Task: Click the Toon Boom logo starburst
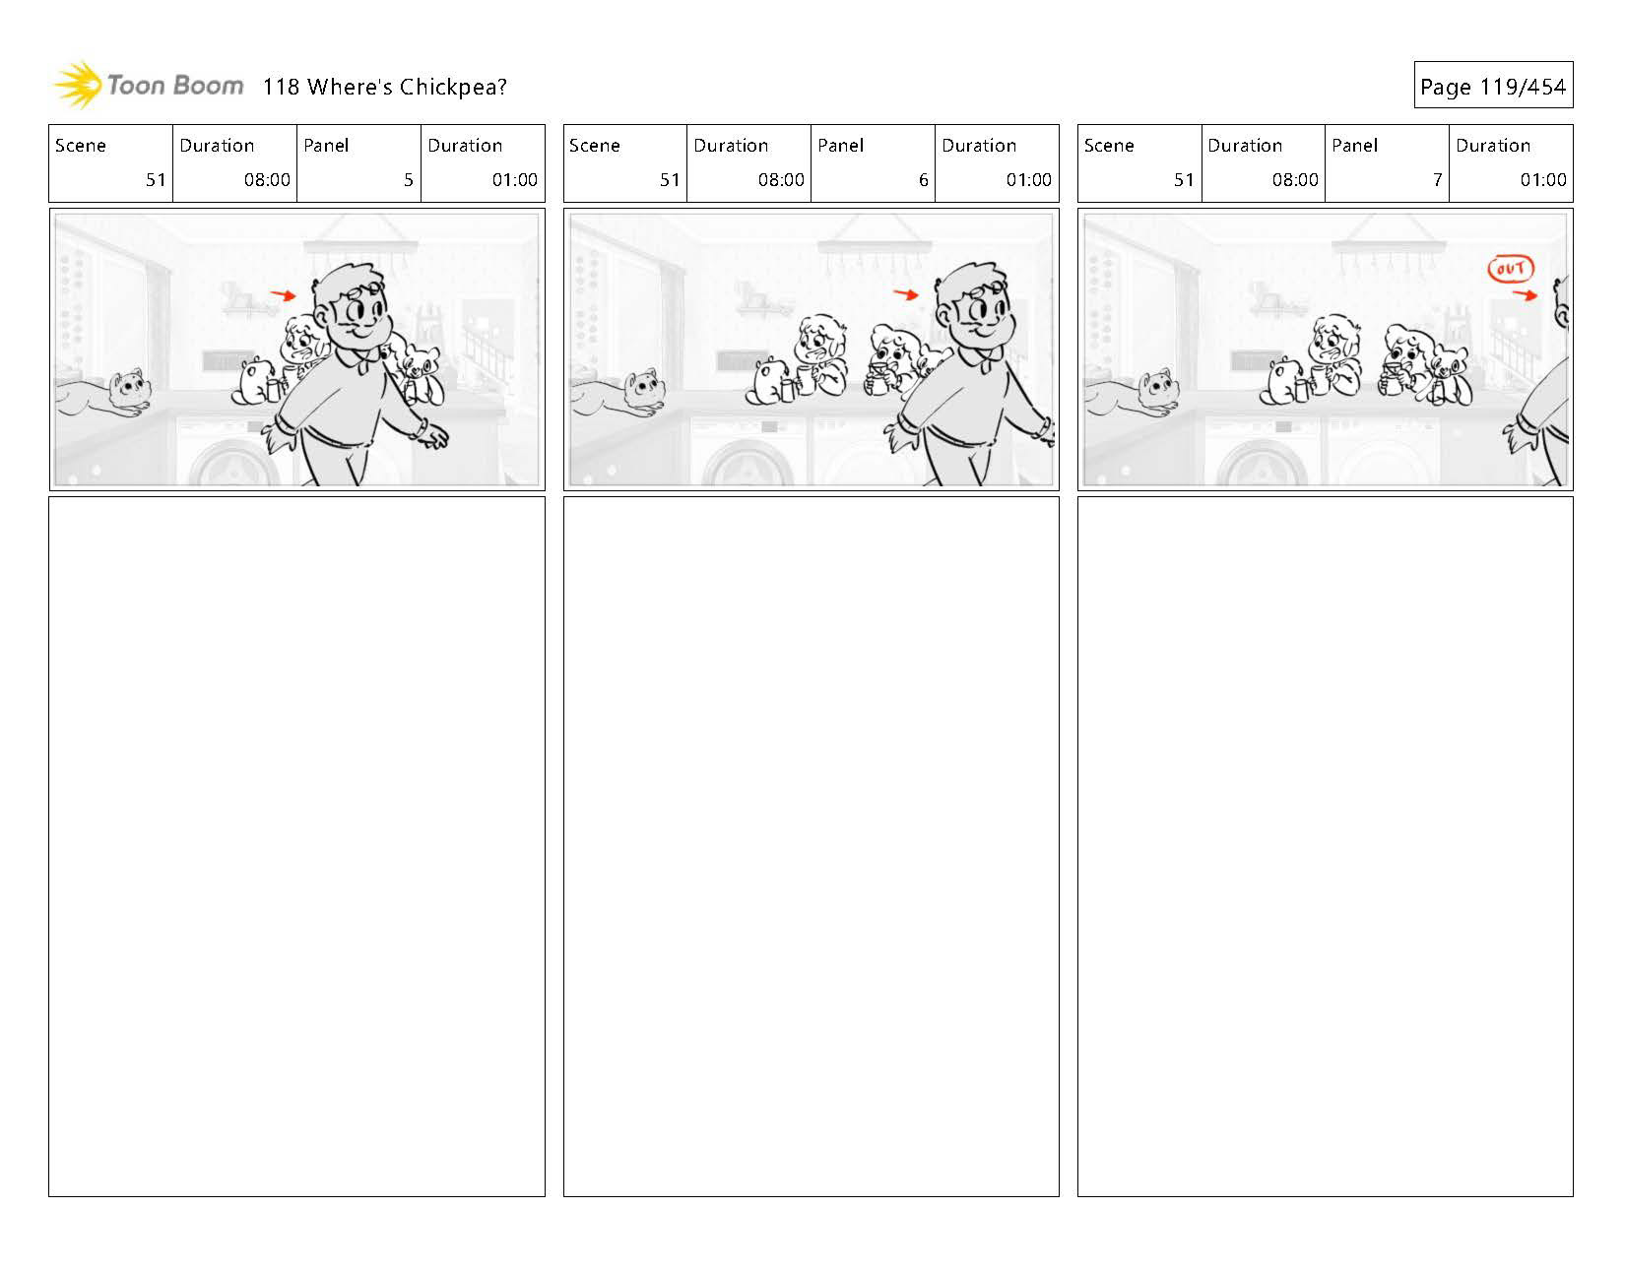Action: [x=78, y=86]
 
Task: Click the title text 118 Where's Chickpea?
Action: [x=384, y=87]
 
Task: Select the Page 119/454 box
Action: [x=1493, y=85]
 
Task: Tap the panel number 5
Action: [x=409, y=179]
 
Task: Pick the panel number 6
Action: [x=923, y=179]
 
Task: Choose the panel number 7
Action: [x=1437, y=179]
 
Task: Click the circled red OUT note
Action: [x=1511, y=269]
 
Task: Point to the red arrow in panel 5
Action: [x=284, y=295]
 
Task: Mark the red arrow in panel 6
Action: [x=906, y=294]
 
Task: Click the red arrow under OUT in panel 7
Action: [x=1525, y=295]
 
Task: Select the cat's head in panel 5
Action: [x=130, y=387]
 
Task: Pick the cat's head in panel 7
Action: [x=1158, y=387]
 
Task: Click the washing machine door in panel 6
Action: [x=747, y=465]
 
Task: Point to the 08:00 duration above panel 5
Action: [x=267, y=179]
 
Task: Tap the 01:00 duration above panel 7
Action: [x=1542, y=179]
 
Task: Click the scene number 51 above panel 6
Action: [x=670, y=179]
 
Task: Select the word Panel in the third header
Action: [x=1354, y=145]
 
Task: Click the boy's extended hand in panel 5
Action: [x=433, y=436]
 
